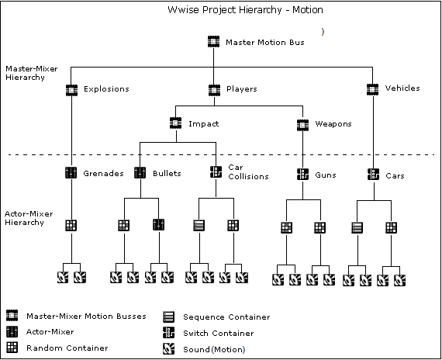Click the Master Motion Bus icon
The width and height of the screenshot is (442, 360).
(x=213, y=42)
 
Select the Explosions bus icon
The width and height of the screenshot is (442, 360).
(x=71, y=90)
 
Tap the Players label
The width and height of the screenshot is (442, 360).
(x=242, y=89)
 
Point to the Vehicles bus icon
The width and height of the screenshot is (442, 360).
(x=372, y=89)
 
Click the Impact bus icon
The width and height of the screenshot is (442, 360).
(x=175, y=123)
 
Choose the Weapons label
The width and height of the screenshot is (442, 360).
(x=333, y=124)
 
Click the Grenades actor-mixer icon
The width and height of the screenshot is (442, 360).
(x=71, y=173)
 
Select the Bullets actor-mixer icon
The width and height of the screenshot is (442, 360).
(x=140, y=173)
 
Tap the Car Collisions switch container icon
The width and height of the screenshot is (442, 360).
(x=216, y=171)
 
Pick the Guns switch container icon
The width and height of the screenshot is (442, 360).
(x=302, y=174)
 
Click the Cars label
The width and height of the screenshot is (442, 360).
(x=395, y=176)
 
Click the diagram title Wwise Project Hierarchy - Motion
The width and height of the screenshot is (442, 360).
(x=245, y=10)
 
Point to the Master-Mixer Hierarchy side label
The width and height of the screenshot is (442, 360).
(x=32, y=73)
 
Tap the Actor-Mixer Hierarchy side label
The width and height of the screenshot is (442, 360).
(x=29, y=218)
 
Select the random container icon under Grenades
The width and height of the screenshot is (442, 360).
(x=71, y=226)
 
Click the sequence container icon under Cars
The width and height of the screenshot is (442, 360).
(x=357, y=227)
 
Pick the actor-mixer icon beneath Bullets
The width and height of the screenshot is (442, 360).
(x=159, y=224)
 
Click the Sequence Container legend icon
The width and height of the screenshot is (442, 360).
(x=168, y=317)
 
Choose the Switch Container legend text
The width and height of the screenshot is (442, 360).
(x=219, y=333)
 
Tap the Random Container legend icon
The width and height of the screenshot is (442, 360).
(x=12, y=348)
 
